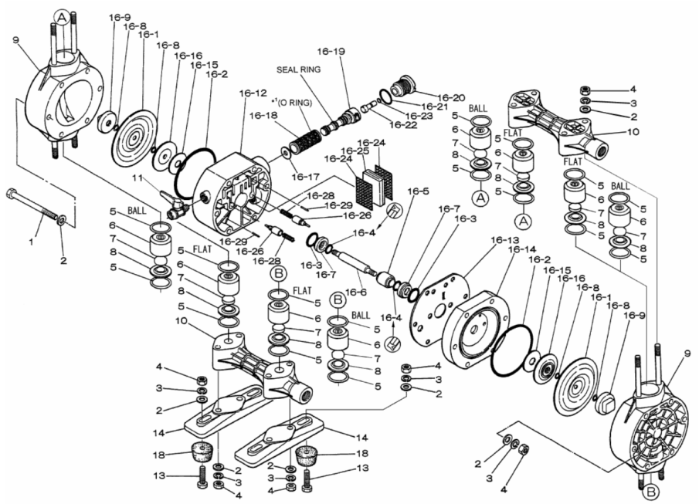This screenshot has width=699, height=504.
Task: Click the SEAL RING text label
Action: (297, 69)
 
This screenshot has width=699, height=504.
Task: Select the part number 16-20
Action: (449, 97)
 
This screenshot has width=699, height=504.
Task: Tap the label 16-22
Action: (402, 124)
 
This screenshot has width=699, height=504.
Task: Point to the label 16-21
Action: (436, 107)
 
